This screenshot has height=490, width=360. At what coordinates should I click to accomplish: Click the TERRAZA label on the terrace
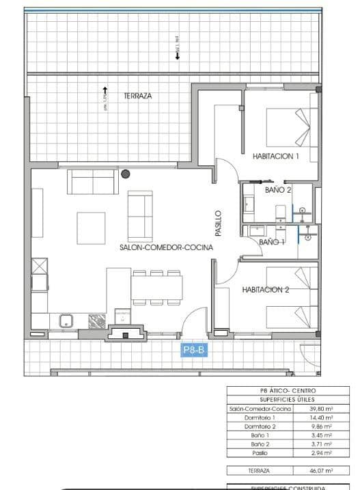[x=137, y=96]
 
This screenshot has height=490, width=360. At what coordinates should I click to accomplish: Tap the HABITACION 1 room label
[x=276, y=156]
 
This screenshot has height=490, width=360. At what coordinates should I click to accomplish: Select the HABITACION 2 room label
[x=266, y=290]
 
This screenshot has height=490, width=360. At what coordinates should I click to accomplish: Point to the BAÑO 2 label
[x=278, y=190]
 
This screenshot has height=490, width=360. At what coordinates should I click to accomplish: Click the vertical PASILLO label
[x=219, y=223]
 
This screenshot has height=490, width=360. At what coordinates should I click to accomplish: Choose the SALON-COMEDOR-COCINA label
[x=166, y=248]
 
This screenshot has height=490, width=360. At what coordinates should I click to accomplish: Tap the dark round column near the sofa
[x=125, y=174]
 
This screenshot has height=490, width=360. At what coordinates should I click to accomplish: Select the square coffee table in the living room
[x=91, y=228]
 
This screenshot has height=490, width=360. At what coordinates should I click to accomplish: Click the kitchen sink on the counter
[x=67, y=320]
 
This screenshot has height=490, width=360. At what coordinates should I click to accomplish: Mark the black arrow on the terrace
[x=105, y=90]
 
